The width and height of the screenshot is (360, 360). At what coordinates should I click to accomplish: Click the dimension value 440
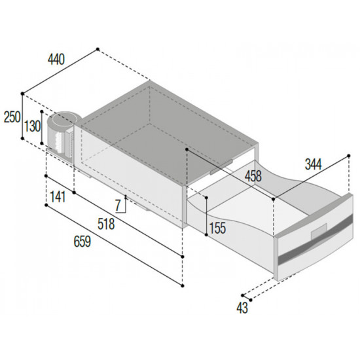[56, 60]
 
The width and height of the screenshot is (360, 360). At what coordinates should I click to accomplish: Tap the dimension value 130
[33, 126]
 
